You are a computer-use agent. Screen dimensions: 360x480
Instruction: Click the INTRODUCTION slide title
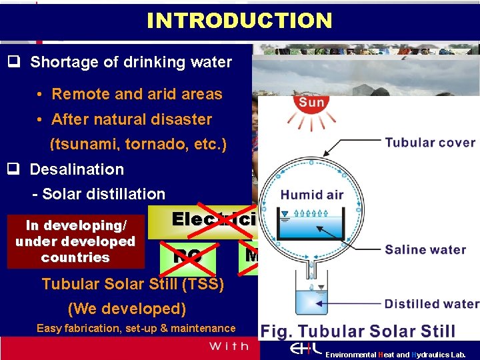(x=239, y=21)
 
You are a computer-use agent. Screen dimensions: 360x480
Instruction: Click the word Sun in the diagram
(x=311, y=103)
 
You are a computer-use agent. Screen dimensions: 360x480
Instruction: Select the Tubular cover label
(x=430, y=143)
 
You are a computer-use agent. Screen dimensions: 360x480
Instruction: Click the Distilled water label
(x=431, y=304)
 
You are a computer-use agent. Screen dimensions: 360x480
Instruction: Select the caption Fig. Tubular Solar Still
(x=358, y=331)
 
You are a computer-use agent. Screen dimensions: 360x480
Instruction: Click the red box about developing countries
(x=75, y=241)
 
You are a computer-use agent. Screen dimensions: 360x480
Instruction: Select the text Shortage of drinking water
(x=131, y=63)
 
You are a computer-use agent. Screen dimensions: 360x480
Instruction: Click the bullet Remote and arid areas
(x=137, y=94)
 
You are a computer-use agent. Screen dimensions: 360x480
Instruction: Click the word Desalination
(x=77, y=169)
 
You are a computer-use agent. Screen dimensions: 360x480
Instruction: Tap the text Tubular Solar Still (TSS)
(x=133, y=284)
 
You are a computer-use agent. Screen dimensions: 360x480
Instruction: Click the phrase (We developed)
(x=127, y=309)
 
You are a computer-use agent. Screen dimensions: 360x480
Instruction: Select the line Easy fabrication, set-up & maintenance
(x=136, y=328)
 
